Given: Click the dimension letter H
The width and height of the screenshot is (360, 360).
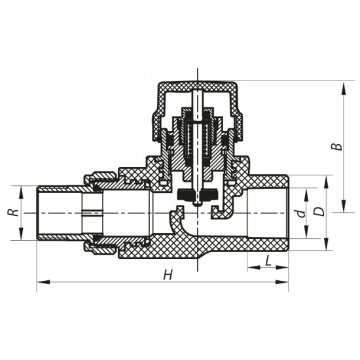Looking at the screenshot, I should pos(168,275).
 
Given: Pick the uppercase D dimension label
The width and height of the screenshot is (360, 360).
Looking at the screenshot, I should pos(318,213).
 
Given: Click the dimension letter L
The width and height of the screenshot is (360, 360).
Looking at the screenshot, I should pos(268,261).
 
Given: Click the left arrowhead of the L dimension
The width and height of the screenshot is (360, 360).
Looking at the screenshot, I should pos(250,268).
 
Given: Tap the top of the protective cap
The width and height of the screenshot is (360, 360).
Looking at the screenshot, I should pos(196,84).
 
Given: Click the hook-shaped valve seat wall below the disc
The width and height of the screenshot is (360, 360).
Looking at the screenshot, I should pos(179,223).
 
